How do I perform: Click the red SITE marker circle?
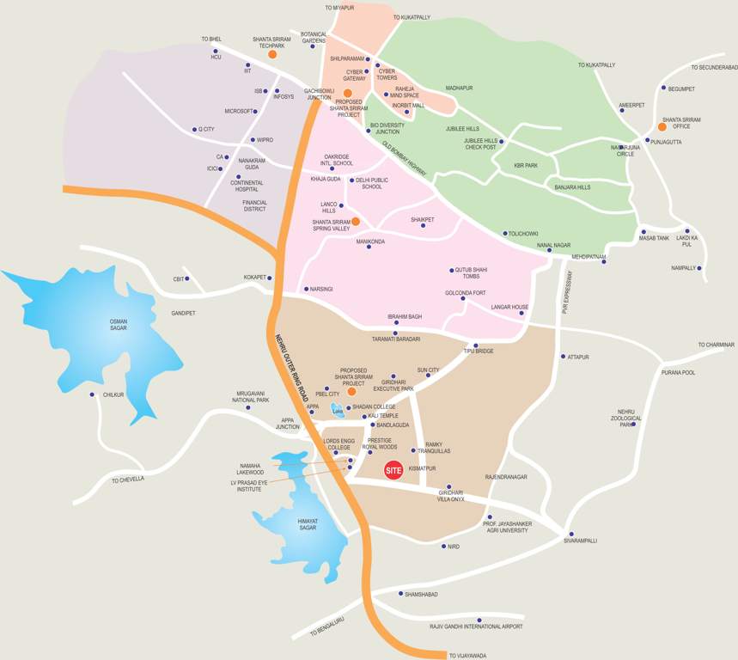393,469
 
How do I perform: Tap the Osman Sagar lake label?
119,324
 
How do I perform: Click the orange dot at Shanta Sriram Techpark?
272,54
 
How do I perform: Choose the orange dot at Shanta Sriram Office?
662,126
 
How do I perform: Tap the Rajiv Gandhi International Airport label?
476,626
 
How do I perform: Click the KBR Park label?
526,165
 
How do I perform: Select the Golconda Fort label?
466,292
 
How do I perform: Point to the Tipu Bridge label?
479,351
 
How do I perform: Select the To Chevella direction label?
127,480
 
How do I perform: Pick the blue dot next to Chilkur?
92,394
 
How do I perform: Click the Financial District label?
254,205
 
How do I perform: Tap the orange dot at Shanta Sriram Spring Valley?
355,222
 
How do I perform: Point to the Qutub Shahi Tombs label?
471,273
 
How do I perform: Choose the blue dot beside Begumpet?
663,88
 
